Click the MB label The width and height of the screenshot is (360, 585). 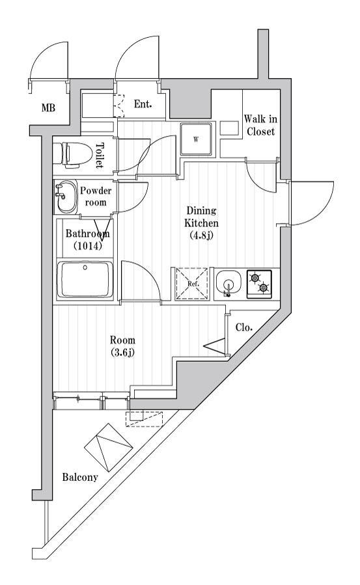click(48, 108)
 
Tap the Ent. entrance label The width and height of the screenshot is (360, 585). click(143, 104)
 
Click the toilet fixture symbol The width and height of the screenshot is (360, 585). click(71, 154)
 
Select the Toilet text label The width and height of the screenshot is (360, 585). click(100, 155)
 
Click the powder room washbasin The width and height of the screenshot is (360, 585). click(66, 197)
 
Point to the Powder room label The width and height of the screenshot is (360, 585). click(96, 196)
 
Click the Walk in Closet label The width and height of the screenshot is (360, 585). click(260, 125)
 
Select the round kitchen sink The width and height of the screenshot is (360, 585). click(228, 284)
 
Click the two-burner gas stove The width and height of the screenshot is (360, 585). click(260, 283)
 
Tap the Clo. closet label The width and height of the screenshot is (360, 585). click(244, 328)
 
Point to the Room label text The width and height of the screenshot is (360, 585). click(122, 340)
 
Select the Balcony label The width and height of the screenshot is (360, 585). click(80, 477)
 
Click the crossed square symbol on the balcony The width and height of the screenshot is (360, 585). click(108, 446)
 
